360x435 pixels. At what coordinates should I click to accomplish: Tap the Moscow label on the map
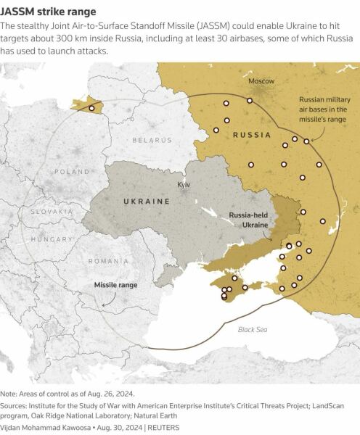[x=261, y=81]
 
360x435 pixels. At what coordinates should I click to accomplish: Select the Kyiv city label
[x=184, y=185]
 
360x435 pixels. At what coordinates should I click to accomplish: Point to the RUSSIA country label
[x=252, y=135]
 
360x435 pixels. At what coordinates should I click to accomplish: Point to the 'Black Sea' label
[x=253, y=330]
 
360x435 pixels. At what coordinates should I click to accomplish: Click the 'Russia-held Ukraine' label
[x=248, y=220]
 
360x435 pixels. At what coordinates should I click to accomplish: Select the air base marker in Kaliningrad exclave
[x=91, y=108]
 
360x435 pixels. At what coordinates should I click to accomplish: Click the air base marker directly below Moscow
[x=250, y=101]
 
